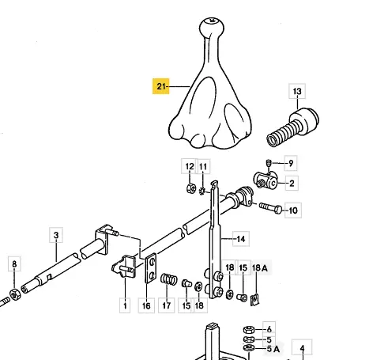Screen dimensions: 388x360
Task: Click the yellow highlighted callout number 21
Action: (161, 86)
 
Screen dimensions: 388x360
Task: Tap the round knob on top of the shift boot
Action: (212, 26)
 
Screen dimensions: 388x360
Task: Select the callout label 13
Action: (297, 91)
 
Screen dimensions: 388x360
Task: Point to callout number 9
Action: (291, 163)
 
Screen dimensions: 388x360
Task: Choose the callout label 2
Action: (292, 184)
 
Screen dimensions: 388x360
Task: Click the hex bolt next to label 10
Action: (270, 208)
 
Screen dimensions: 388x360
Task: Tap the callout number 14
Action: (241, 239)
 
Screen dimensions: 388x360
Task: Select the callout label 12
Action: (190, 166)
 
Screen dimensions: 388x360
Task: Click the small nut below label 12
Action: (191, 188)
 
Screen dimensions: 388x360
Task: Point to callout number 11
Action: (203, 167)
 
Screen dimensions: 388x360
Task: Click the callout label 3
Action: (56, 235)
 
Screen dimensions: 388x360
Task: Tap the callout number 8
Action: (14, 263)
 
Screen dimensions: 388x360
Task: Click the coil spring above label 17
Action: (168, 279)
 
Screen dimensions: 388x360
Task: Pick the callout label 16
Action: (146, 305)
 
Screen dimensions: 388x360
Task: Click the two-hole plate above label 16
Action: (151, 268)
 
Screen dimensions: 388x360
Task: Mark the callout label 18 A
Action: (260, 268)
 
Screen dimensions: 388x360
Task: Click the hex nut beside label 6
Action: (249, 330)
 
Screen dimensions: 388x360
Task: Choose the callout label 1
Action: (125, 305)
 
